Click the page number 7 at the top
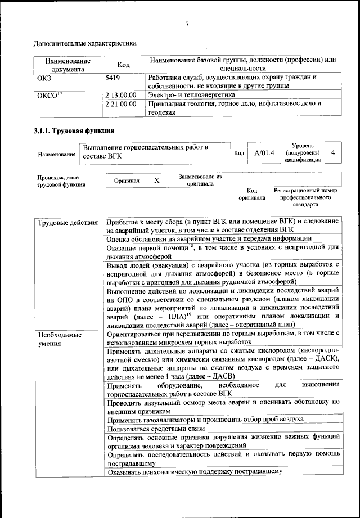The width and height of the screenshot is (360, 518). click(186, 23)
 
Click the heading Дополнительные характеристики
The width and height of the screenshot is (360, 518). click(85, 43)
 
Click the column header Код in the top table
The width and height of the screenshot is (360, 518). click(123, 65)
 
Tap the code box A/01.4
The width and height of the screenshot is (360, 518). click(264, 152)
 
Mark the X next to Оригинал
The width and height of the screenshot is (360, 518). click(157, 181)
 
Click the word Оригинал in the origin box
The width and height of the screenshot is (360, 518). click(130, 181)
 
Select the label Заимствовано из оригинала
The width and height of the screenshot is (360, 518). click(200, 180)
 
